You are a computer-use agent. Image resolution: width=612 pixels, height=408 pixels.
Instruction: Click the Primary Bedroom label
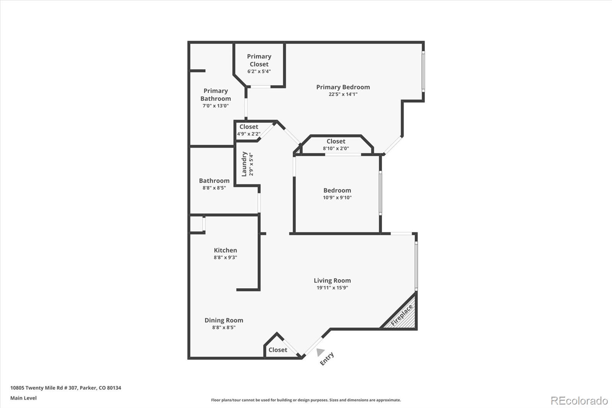343,87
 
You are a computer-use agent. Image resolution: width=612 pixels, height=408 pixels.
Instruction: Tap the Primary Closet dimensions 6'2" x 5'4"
259,72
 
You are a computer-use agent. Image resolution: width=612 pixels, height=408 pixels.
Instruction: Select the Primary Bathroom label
215,95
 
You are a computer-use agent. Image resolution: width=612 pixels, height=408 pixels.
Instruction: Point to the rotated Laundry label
244,164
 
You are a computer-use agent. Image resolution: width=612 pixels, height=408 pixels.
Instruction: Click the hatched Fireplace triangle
403,316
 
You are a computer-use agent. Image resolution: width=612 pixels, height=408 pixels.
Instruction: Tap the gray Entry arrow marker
320,352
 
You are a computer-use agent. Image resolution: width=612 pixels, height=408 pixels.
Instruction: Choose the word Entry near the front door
327,359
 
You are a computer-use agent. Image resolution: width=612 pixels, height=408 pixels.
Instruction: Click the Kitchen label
225,250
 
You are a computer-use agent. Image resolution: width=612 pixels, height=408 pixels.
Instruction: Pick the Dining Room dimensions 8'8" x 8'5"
224,328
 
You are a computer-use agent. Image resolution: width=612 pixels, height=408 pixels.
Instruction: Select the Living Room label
332,281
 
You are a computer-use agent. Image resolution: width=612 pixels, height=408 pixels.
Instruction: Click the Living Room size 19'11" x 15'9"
332,288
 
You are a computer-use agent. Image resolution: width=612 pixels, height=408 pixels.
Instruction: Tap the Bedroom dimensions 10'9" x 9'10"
337,197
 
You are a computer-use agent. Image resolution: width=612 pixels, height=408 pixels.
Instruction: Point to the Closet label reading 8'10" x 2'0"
336,142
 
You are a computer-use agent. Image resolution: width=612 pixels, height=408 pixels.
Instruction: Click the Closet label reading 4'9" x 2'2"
249,127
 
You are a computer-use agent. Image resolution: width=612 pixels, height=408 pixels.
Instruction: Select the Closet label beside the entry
278,350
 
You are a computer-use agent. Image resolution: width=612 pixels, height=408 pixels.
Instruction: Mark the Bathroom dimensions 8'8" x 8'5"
214,188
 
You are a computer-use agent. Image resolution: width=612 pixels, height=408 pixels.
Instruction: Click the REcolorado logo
579,400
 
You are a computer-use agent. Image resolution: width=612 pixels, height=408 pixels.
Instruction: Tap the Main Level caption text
23,398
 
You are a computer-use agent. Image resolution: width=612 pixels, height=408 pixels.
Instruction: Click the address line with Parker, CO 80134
65,388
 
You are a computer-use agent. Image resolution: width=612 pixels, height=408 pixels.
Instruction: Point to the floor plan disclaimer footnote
306,400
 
